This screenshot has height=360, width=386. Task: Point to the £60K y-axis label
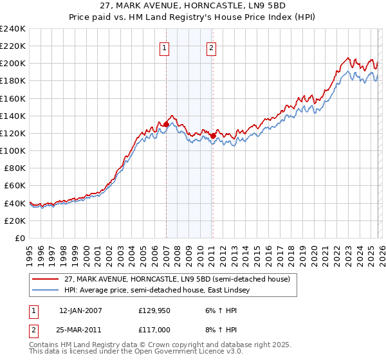click(x=14, y=186)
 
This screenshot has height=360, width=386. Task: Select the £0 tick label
click(x=21, y=238)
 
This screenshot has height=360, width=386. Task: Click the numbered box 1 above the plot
click(x=165, y=47)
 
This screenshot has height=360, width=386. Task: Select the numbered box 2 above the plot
click(x=211, y=47)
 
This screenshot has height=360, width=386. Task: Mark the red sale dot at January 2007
click(x=166, y=125)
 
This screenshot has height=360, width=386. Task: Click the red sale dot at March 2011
click(x=214, y=136)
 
